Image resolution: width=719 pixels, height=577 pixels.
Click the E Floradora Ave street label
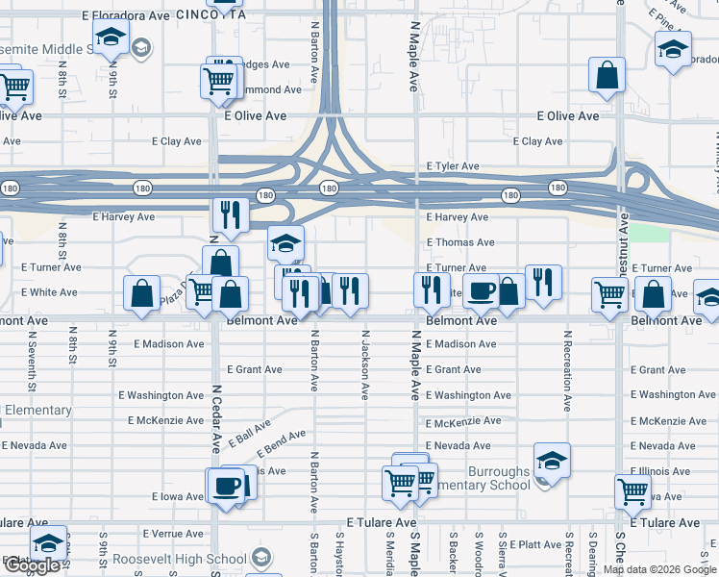[x=126, y=16]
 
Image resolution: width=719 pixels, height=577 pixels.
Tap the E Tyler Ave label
[x=452, y=166]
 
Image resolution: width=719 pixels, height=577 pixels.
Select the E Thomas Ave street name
[x=460, y=242]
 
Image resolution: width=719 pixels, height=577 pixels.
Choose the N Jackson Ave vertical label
[x=365, y=365]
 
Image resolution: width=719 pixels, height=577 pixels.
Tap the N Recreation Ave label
[x=568, y=376]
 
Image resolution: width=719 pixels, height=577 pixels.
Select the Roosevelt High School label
[x=180, y=559]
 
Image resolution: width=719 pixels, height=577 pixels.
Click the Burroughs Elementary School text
[x=498, y=478]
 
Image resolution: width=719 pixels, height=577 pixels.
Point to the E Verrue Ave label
[x=173, y=534]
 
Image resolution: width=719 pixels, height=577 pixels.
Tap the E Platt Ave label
[x=535, y=544]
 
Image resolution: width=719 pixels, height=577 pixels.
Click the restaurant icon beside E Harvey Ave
[x=230, y=214]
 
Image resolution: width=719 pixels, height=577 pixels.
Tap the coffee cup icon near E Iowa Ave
[x=228, y=485]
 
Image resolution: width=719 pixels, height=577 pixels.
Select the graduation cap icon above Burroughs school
[x=552, y=461]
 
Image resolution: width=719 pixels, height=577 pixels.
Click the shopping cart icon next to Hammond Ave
[x=219, y=80]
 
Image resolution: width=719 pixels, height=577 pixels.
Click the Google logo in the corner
[x=32, y=565]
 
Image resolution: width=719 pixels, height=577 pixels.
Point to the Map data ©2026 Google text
[x=658, y=569]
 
